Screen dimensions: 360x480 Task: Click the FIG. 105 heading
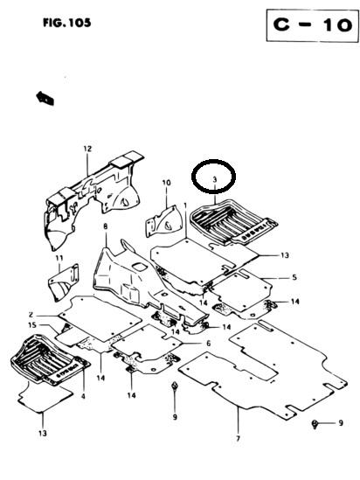[x=67, y=23]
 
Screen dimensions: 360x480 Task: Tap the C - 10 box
[x=312, y=25]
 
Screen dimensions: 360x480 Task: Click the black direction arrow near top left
[x=45, y=98]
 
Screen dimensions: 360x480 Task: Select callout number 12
[x=87, y=150]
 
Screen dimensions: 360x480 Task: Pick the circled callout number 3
[x=215, y=180]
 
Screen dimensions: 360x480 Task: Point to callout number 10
[x=167, y=183]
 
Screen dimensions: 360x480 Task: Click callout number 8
[x=106, y=226]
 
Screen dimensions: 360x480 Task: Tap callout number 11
[x=59, y=258]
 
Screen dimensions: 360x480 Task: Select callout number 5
[x=294, y=277]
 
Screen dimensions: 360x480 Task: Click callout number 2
[x=31, y=315]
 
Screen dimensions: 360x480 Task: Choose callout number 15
[x=32, y=325]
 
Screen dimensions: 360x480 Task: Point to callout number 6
[x=208, y=344]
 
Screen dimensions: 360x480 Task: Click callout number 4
[x=83, y=397]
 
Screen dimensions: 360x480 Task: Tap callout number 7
[x=238, y=438]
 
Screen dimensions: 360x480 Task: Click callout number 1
[x=185, y=205]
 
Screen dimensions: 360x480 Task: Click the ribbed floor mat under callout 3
[x=233, y=221]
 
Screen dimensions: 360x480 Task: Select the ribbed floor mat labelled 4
[x=50, y=359]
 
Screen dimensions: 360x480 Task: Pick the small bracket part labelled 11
[x=64, y=283]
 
